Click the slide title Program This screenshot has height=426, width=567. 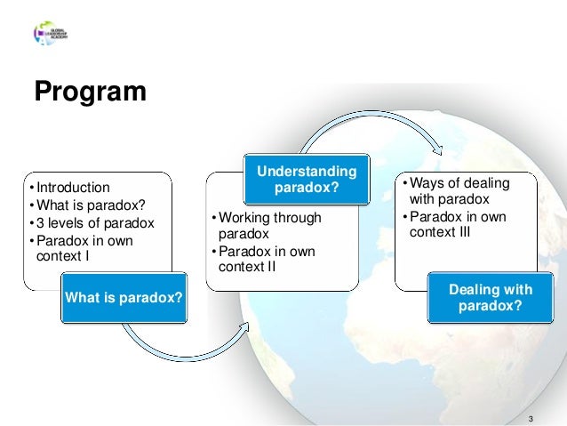point(89,92)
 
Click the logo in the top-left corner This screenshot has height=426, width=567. point(51,34)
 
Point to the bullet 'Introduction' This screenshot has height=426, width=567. point(72,188)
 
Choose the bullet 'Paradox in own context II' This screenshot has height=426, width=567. point(266,260)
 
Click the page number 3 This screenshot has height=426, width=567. point(531,419)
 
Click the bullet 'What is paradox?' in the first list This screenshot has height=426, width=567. point(89,205)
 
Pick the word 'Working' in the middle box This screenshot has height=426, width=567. point(244,218)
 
